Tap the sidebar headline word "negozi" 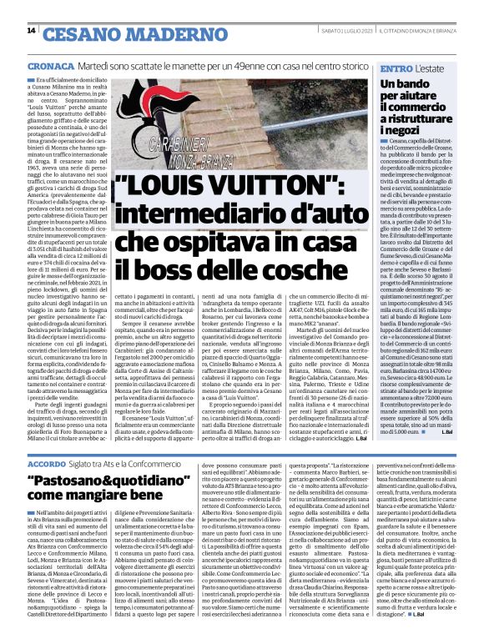[x=402, y=131]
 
